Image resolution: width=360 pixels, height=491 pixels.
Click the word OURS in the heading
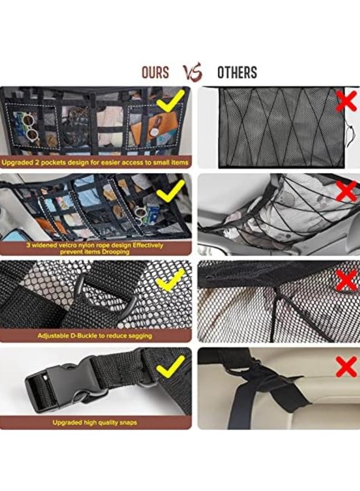click(155, 72)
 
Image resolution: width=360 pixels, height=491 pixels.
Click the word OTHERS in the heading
click(237, 72)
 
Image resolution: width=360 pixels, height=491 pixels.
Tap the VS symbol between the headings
click(193, 72)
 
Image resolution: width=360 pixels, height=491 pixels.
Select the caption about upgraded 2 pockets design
click(96, 162)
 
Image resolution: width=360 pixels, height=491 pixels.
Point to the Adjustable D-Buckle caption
click(95, 335)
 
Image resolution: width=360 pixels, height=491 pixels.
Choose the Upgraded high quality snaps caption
click(95, 422)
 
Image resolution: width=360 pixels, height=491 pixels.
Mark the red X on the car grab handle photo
click(347, 367)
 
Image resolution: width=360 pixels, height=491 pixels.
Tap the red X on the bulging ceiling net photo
click(347, 190)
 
